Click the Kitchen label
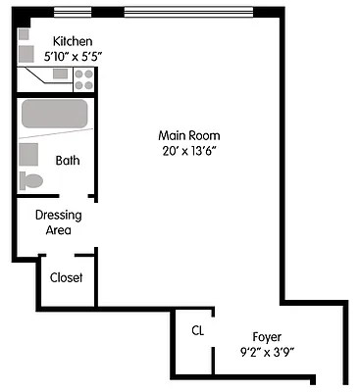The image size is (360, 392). (73, 41)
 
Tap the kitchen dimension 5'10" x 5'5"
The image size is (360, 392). (73, 56)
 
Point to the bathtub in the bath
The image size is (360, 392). (56, 115)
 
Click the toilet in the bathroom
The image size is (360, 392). (32, 180)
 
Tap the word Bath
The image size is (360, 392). (68, 161)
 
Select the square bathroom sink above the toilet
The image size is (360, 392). (30, 154)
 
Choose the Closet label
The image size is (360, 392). (67, 277)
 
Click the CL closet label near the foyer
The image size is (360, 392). (197, 330)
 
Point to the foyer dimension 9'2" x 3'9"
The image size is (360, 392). (268, 350)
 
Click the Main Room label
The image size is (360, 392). (190, 135)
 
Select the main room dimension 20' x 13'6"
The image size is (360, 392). (190, 151)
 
